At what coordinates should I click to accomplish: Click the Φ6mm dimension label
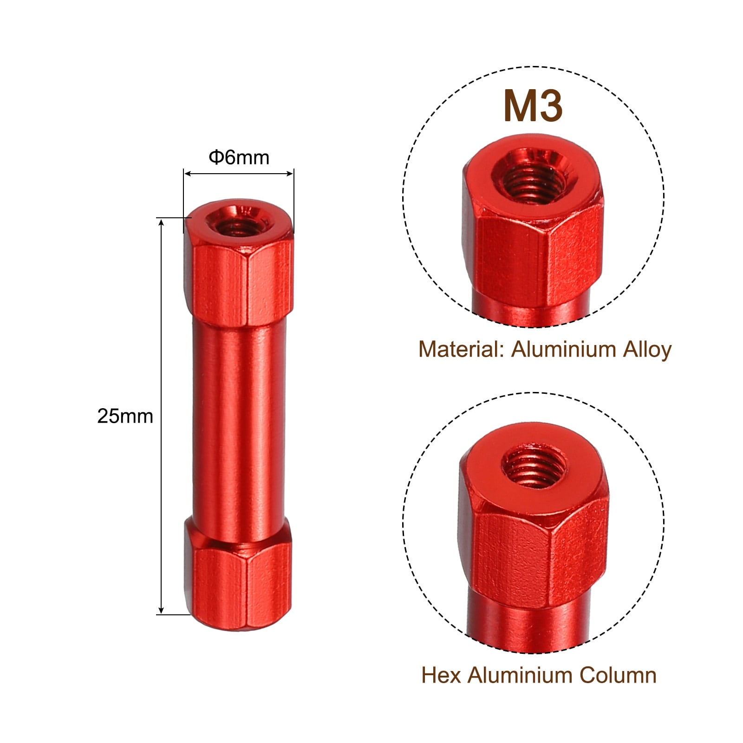point(239,158)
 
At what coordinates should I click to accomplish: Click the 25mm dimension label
point(125,416)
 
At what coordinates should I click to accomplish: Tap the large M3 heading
point(533,106)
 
